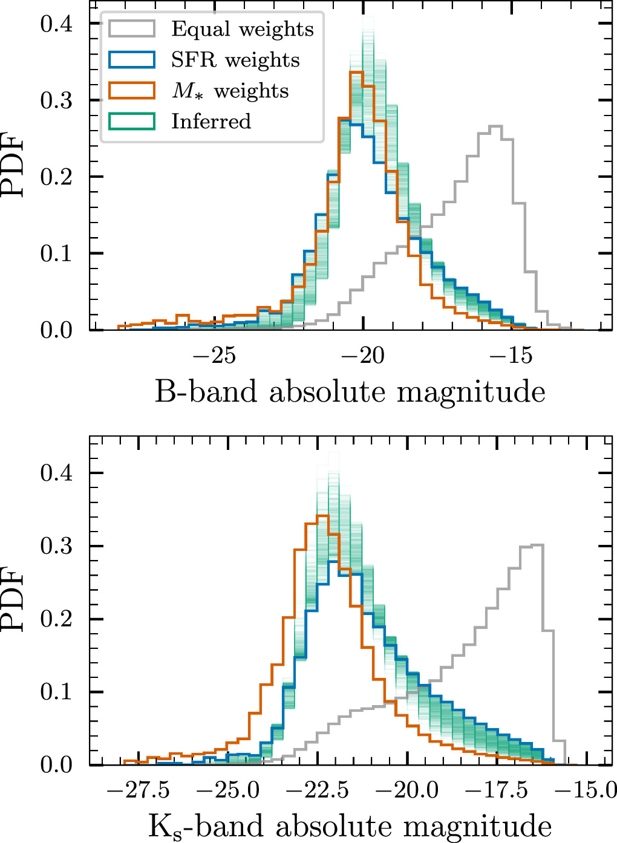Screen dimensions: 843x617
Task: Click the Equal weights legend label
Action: (243, 29)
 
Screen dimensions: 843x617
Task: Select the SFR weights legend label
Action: (235, 60)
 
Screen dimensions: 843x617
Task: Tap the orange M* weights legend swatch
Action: (132, 90)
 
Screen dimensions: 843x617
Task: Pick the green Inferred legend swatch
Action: (132, 121)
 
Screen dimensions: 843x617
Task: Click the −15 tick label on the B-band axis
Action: (513, 356)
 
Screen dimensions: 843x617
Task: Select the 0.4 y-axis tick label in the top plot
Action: (56, 24)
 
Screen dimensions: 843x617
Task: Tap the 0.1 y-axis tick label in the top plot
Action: (56, 253)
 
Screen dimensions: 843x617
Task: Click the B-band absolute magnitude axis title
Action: (350, 392)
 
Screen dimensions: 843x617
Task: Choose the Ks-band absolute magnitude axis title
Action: (350, 826)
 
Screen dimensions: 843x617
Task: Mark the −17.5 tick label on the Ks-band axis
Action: (497, 790)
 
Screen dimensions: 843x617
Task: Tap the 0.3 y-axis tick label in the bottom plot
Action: (56, 546)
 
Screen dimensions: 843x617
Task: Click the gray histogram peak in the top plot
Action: (495, 126)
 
